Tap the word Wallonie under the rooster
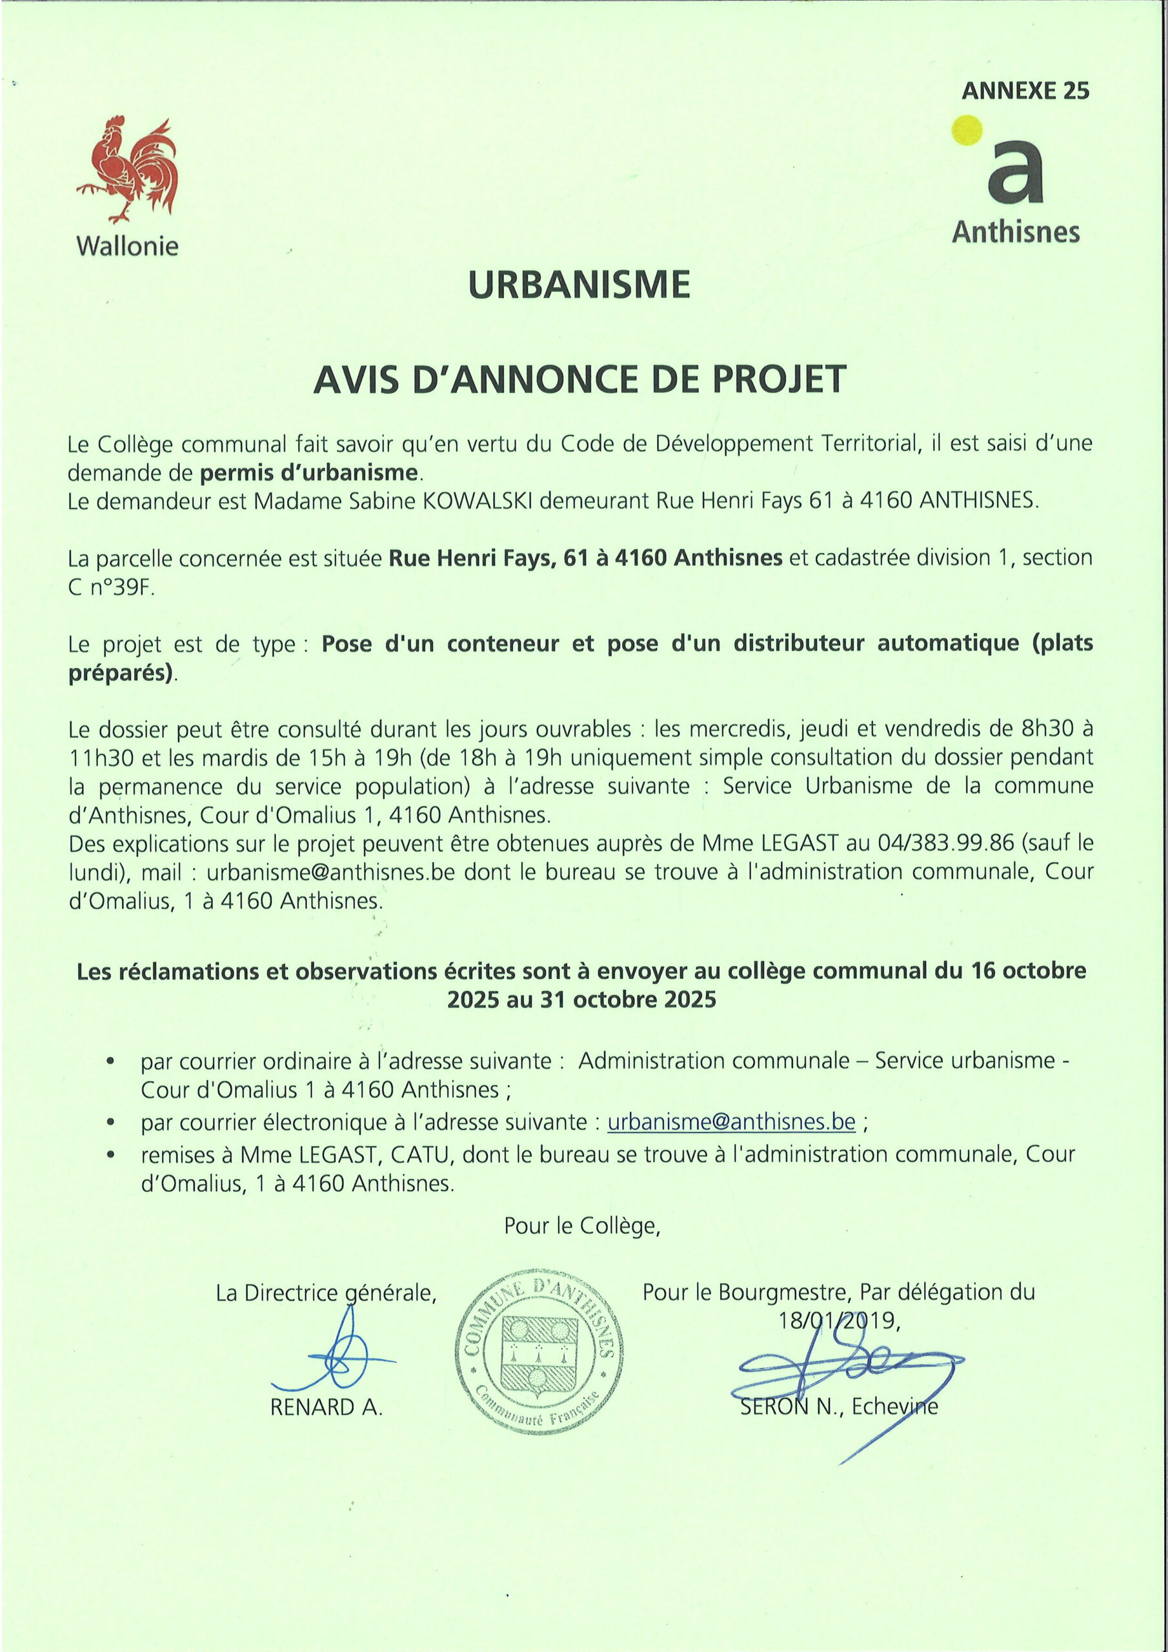pos(127,247)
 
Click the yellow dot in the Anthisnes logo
pos(967,130)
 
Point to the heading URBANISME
pos(579,285)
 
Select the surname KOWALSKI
pos(476,501)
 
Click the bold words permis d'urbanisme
pos(308,473)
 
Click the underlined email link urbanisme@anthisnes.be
pos(731,1122)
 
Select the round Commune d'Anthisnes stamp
pos(539,1353)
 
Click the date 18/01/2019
pos(838,1320)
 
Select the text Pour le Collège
pos(581,1225)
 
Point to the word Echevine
pos(894,1407)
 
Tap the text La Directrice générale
pos(326,1293)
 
